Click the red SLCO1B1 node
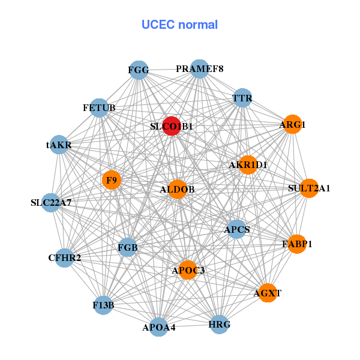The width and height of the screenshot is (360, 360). pyautogui.click(x=172, y=126)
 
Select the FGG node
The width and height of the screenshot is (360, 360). pyautogui.click(x=139, y=70)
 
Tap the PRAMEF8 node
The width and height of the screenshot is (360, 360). pyautogui.click(x=199, y=69)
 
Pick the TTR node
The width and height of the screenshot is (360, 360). pyautogui.click(x=242, y=98)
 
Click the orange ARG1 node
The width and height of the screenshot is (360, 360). pyautogui.click(x=292, y=125)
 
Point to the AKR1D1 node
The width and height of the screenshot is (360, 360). pyautogui.click(x=248, y=164)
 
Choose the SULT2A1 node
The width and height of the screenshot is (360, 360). pyautogui.click(x=309, y=188)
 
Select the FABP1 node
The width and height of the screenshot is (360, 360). pyautogui.click(x=297, y=244)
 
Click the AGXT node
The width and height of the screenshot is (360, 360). pyautogui.click(x=267, y=293)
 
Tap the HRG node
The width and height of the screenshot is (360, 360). pyautogui.click(x=219, y=325)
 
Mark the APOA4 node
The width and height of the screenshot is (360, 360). pyautogui.click(x=159, y=327)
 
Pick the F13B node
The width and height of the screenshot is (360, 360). pyautogui.click(x=104, y=305)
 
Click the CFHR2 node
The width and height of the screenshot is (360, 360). pyautogui.click(x=65, y=258)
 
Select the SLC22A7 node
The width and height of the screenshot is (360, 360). pyautogui.click(x=52, y=203)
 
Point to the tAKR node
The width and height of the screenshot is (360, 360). pyautogui.click(x=59, y=145)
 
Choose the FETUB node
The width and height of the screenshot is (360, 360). pyautogui.click(x=99, y=108)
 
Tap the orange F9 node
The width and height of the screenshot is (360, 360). pyautogui.click(x=112, y=179)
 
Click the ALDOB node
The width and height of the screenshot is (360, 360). pyautogui.click(x=177, y=190)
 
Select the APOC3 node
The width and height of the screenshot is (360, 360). pyautogui.click(x=188, y=270)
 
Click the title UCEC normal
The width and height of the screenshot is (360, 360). pyautogui.click(x=179, y=25)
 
